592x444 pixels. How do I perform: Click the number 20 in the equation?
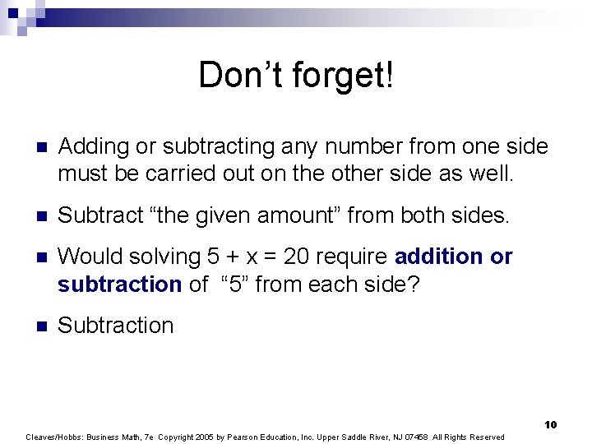tap(301, 257)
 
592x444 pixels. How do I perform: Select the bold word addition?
tap(439, 257)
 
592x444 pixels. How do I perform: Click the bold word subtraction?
tap(119, 284)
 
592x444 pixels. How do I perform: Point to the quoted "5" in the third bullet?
tap(229, 284)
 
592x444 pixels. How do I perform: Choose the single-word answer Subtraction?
tap(116, 326)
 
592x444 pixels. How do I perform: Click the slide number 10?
tap(550, 424)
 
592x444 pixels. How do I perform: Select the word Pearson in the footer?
tap(284, 437)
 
